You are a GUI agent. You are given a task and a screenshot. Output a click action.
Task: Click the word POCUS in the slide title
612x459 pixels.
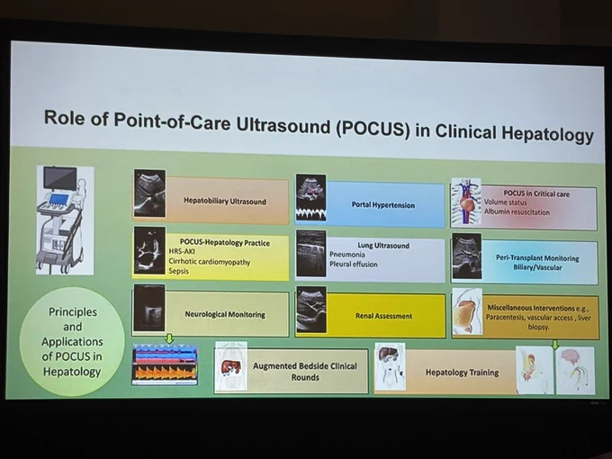point(373,130)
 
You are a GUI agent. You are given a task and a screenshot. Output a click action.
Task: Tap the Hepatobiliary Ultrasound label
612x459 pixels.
point(225,201)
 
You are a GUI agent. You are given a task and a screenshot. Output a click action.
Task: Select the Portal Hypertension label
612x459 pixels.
point(382,205)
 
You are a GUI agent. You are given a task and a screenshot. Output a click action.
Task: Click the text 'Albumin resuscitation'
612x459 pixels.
point(517,212)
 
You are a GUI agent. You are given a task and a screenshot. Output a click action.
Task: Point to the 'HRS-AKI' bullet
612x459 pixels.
point(182,251)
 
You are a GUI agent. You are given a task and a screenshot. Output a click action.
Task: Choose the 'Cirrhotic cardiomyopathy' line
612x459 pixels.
point(209,262)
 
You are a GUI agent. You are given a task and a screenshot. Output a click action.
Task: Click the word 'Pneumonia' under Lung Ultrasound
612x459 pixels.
point(347,255)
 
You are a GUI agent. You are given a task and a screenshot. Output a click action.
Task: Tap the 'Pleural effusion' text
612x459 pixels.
point(353,265)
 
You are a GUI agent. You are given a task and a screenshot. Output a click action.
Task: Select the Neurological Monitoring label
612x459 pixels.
point(225,314)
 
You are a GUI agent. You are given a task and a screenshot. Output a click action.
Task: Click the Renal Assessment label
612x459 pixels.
point(383,316)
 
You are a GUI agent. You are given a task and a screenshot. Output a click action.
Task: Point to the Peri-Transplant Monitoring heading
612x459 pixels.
point(537,258)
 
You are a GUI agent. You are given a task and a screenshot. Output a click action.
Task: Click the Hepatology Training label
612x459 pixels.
point(462,373)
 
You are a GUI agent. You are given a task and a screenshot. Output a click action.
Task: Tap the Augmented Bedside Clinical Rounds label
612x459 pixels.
point(305,372)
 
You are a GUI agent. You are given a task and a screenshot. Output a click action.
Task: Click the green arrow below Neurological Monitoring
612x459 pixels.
point(169,338)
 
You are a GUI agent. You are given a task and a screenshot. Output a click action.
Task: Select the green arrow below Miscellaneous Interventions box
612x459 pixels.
point(555,344)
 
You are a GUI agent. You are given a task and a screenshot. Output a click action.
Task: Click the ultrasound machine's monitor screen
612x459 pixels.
point(60,178)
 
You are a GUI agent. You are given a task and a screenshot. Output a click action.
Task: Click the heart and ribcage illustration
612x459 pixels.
point(466,202)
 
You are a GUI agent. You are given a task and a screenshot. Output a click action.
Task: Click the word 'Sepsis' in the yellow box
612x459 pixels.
point(179,271)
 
